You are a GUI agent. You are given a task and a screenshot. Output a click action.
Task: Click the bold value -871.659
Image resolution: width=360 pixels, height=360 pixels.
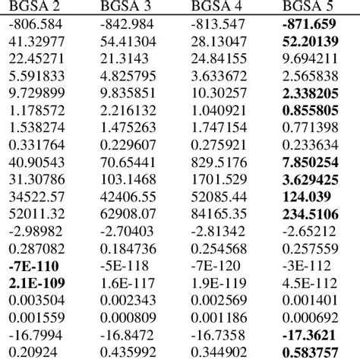312,25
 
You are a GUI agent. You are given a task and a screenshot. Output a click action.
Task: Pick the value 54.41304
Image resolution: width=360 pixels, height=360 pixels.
129,42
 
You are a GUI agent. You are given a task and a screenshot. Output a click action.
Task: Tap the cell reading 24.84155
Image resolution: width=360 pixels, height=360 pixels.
220,58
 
